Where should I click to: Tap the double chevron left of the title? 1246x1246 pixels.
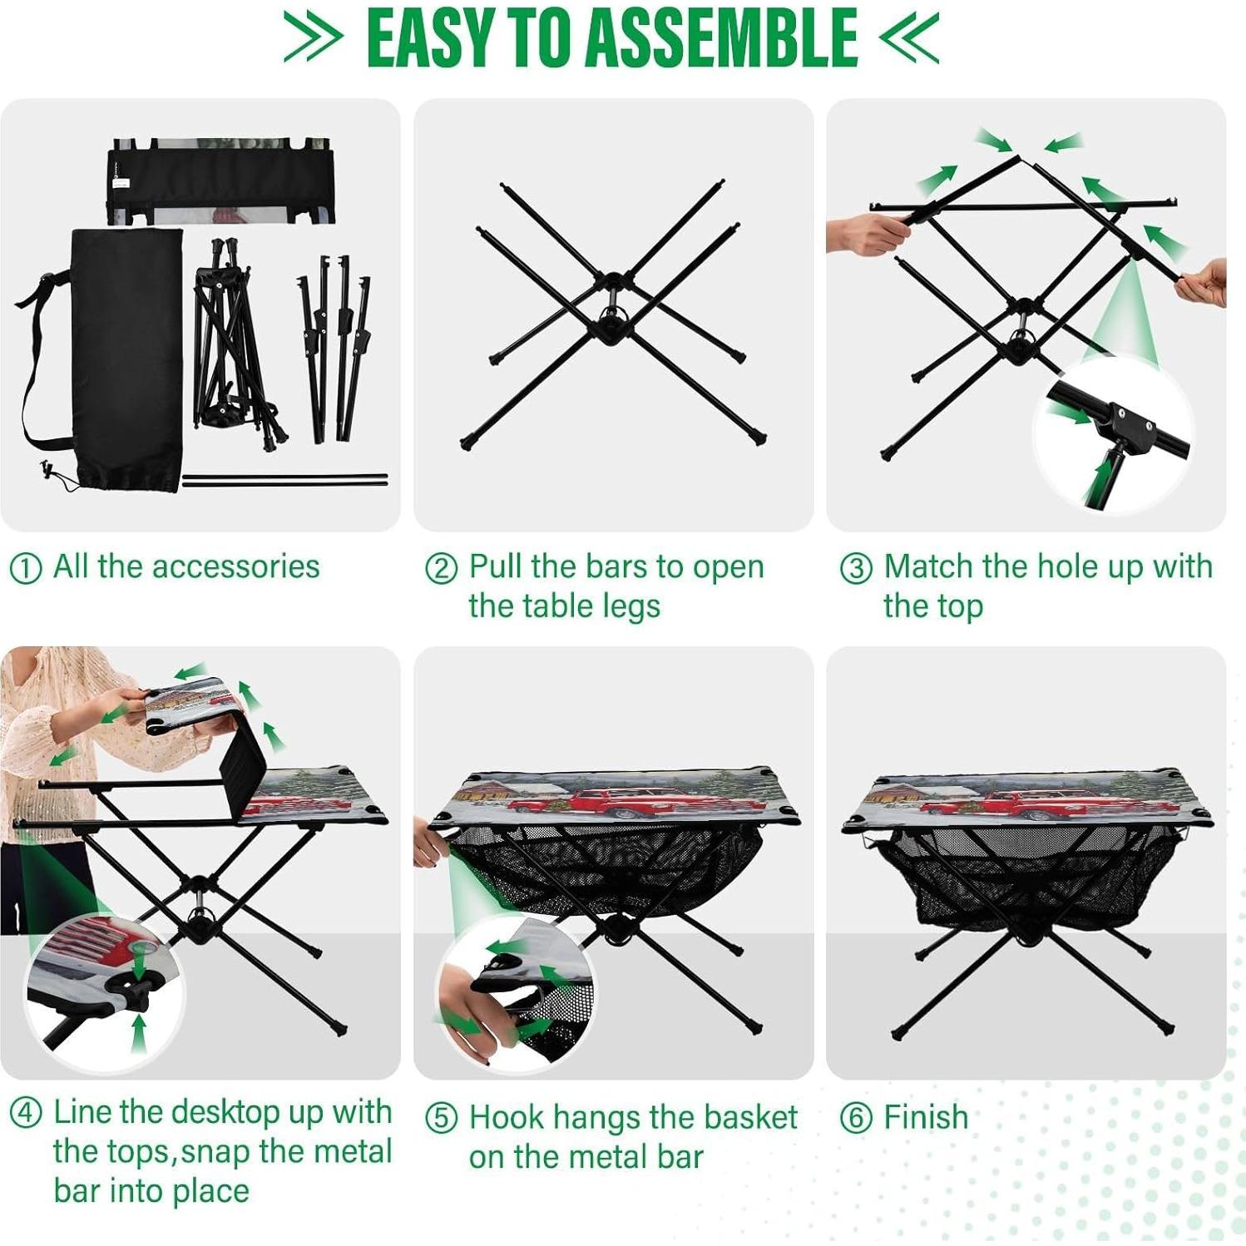[x=312, y=37]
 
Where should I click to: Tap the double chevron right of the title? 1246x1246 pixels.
[x=909, y=38]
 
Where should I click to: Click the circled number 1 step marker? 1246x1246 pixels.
[x=25, y=569]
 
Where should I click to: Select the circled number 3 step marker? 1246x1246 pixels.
[x=856, y=569]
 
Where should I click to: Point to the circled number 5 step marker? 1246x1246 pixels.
[x=441, y=1119]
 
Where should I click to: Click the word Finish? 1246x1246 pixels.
[x=926, y=1117]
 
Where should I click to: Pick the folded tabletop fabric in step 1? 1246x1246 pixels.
[x=220, y=181]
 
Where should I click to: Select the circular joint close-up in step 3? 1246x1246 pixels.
[x=1113, y=434]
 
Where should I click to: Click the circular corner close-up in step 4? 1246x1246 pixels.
[x=104, y=991]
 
